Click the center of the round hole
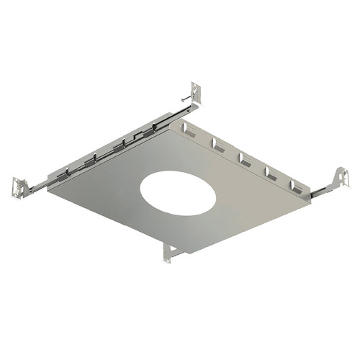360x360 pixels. click(x=177, y=194)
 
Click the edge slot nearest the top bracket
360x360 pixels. click(x=190, y=130)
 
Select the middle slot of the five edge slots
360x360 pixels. click(x=244, y=158)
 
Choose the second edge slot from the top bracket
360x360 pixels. click(x=217, y=144)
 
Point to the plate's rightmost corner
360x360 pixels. click(x=312, y=202)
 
